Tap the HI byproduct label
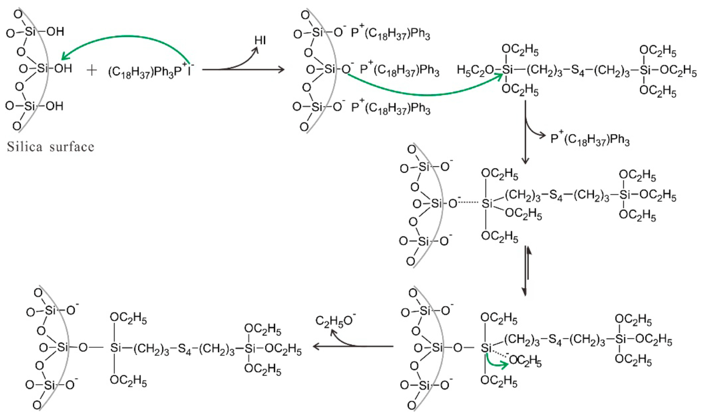pyautogui.click(x=260, y=41)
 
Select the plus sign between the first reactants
pyautogui.click(x=92, y=70)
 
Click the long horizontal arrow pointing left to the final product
pyautogui.click(x=353, y=347)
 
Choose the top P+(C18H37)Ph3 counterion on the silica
pyautogui.click(x=390, y=34)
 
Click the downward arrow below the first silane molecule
pyautogui.click(x=526, y=131)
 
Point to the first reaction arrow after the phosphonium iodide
pyautogui.click(x=243, y=69)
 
